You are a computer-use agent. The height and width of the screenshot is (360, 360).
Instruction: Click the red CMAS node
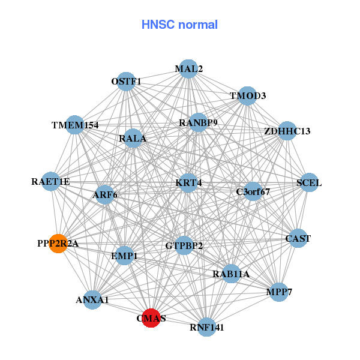click(x=151, y=318)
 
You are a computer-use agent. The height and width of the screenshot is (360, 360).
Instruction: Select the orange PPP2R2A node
click(x=58, y=244)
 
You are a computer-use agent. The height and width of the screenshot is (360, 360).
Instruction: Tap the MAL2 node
click(x=188, y=68)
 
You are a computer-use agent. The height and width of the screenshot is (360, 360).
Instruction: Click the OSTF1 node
click(x=126, y=81)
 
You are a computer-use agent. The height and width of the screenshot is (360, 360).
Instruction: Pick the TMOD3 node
click(x=247, y=96)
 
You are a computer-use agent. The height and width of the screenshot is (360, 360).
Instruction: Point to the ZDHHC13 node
click(x=287, y=131)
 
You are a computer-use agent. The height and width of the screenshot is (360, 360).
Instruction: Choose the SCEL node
click(x=309, y=182)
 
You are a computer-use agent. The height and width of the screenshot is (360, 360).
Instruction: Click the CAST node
click(x=298, y=238)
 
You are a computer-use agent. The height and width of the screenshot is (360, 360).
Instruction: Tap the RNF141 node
click(x=206, y=327)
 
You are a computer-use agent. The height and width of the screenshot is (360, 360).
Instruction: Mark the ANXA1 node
click(x=92, y=299)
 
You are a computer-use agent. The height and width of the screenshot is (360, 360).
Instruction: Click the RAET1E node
click(x=51, y=181)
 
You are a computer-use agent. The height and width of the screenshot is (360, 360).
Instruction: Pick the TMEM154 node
click(x=74, y=125)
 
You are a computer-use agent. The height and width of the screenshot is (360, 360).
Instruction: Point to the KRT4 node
click(x=188, y=182)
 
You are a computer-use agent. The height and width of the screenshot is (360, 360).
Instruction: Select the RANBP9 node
click(x=198, y=122)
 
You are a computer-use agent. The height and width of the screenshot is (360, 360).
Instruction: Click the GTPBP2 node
click(x=184, y=245)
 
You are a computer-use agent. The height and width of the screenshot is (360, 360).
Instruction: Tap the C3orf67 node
click(x=253, y=192)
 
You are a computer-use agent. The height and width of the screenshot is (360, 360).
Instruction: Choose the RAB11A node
click(x=230, y=274)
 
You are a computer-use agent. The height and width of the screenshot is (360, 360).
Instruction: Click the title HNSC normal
click(x=179, y=25)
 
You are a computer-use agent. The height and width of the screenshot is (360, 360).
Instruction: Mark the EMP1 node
click(x=124, y=256)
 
